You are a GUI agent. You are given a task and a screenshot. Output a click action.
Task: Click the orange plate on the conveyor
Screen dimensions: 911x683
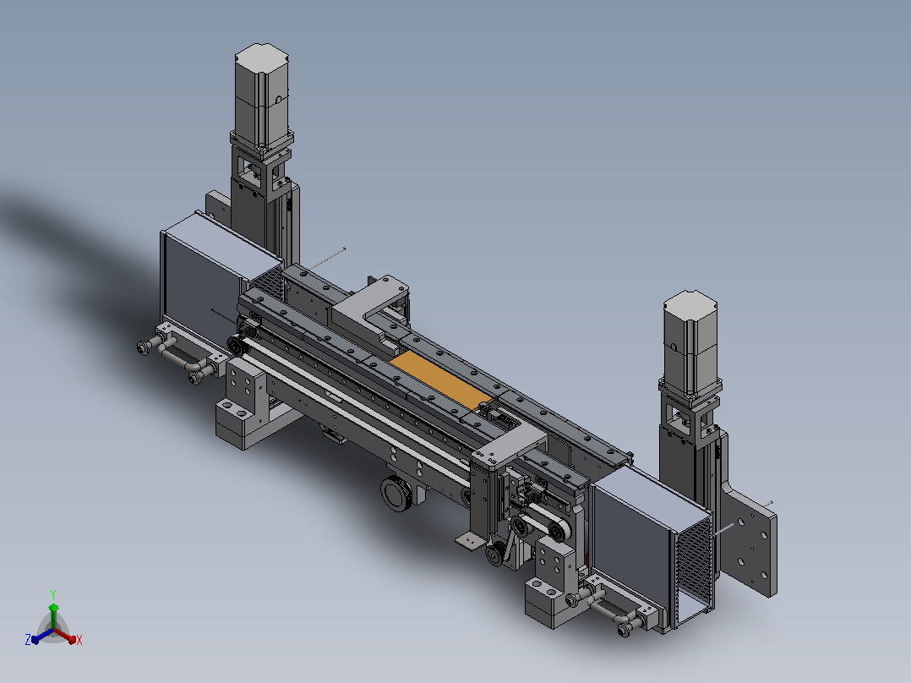tap(440, 377)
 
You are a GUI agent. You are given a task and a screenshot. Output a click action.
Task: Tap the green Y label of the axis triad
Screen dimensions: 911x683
tap(53, 594)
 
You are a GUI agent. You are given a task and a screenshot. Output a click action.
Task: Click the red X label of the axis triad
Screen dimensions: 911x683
tap(79, 640)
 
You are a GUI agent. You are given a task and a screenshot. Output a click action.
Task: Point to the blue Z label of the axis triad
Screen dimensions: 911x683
tap(28, 639)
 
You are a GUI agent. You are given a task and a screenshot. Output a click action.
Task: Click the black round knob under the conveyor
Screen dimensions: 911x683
tap(397, 494)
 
